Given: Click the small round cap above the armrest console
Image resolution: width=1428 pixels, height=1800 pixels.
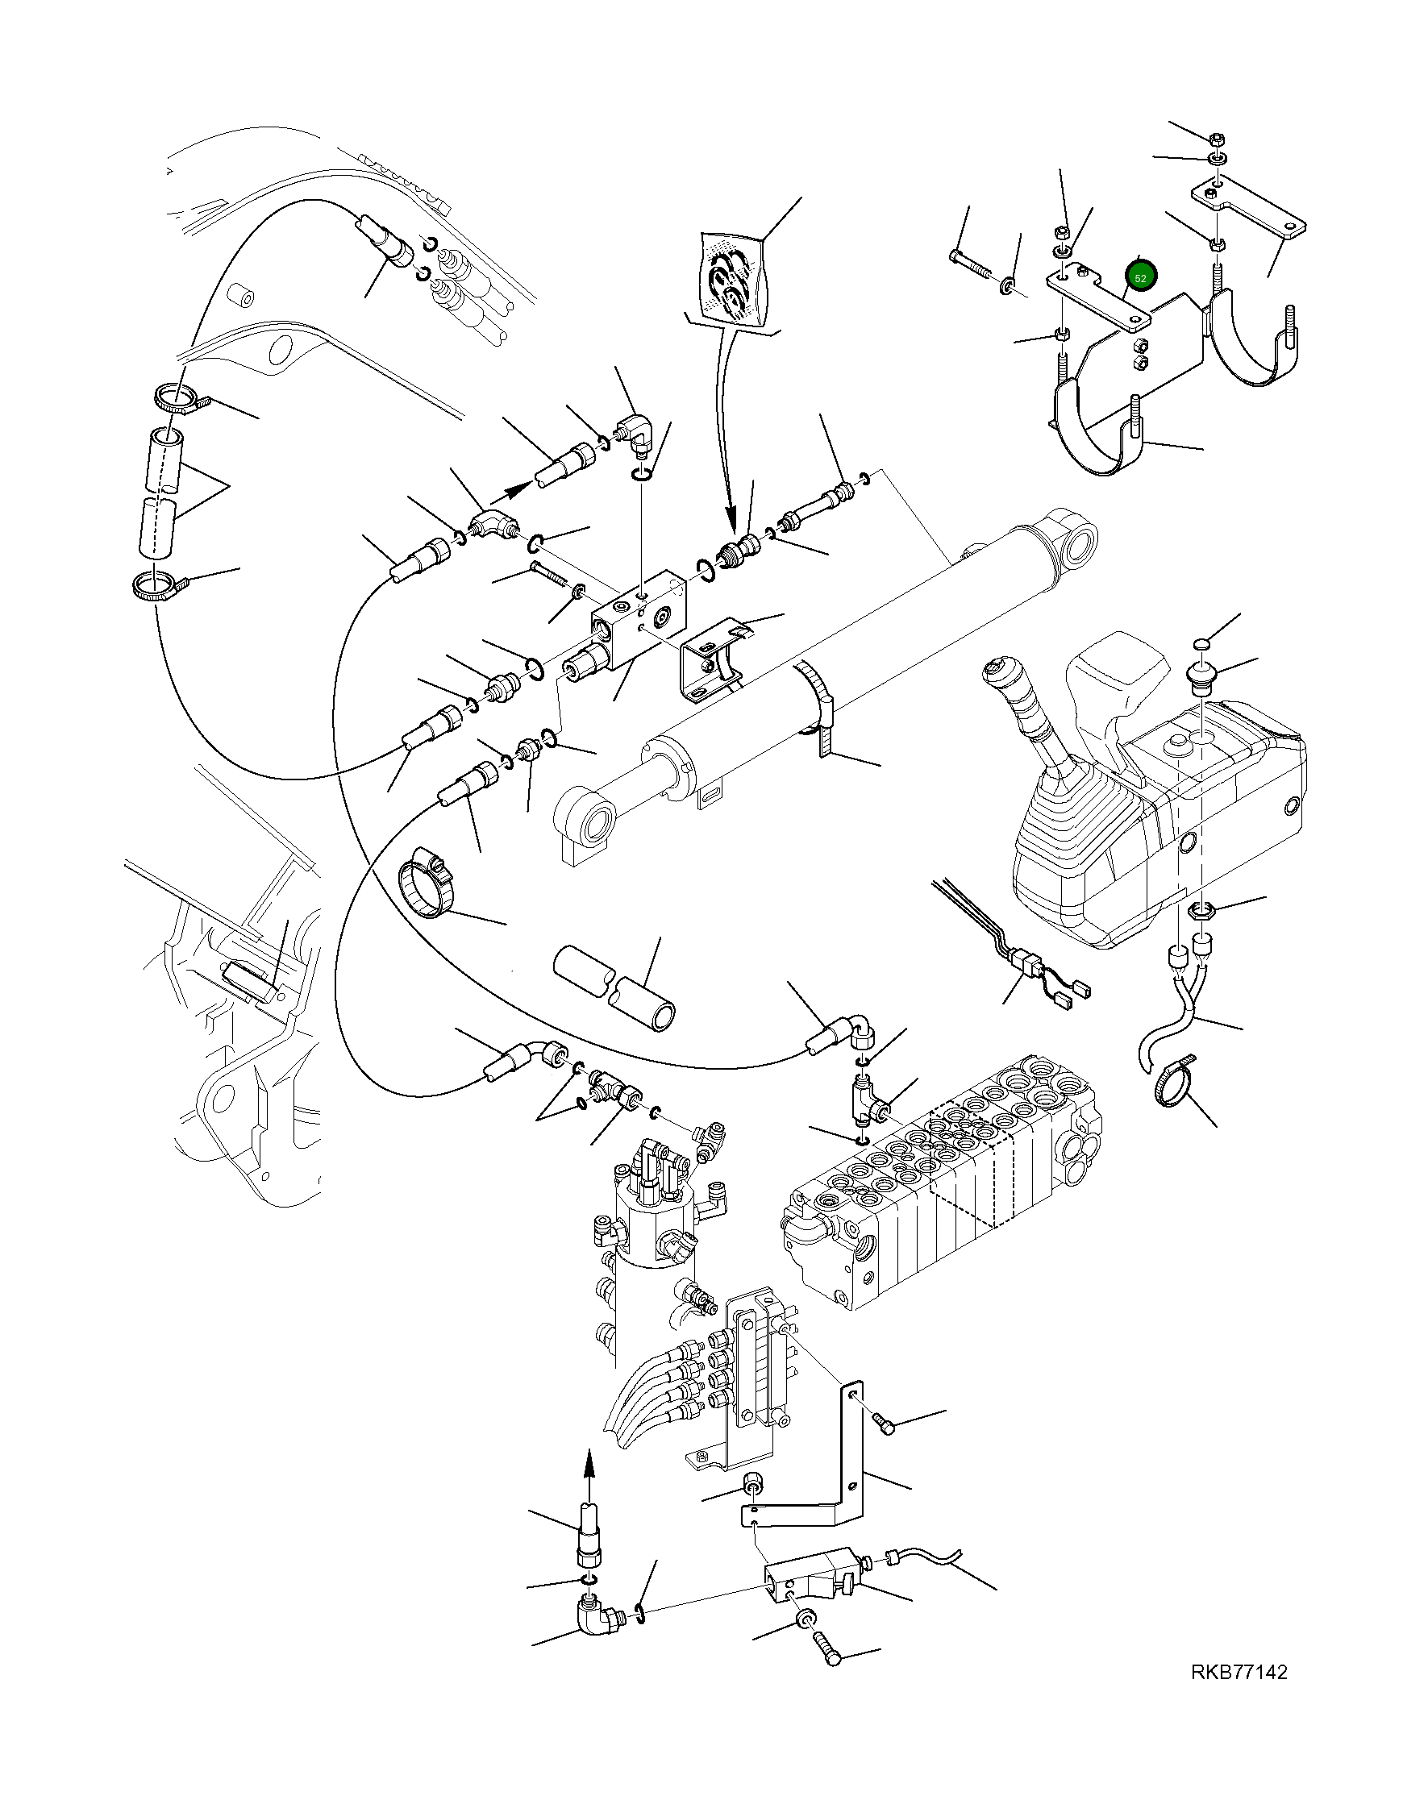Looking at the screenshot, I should coord(1201,645).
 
